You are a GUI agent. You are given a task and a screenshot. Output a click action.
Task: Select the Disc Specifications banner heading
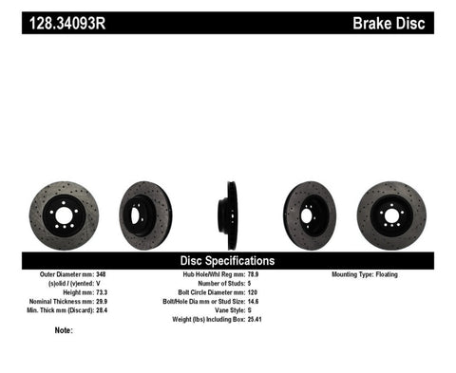point(228,260)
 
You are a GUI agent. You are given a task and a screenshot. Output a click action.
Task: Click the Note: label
point(64,330)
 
